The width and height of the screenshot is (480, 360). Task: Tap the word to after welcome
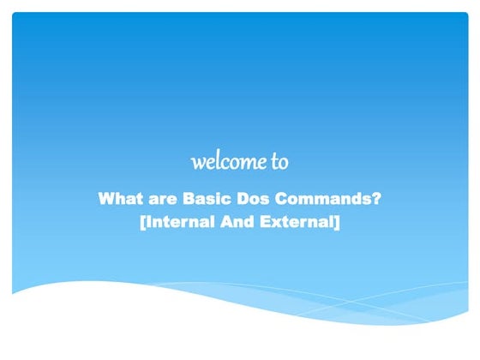pos(279,161)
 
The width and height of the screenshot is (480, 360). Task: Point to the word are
pos(161,201)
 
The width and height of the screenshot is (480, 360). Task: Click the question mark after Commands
pos(376,201)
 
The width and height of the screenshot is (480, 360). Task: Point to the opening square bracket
pos(141,224)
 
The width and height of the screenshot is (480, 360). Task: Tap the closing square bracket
pos(339,224)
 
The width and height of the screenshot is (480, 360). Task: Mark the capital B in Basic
pos(189,201)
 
